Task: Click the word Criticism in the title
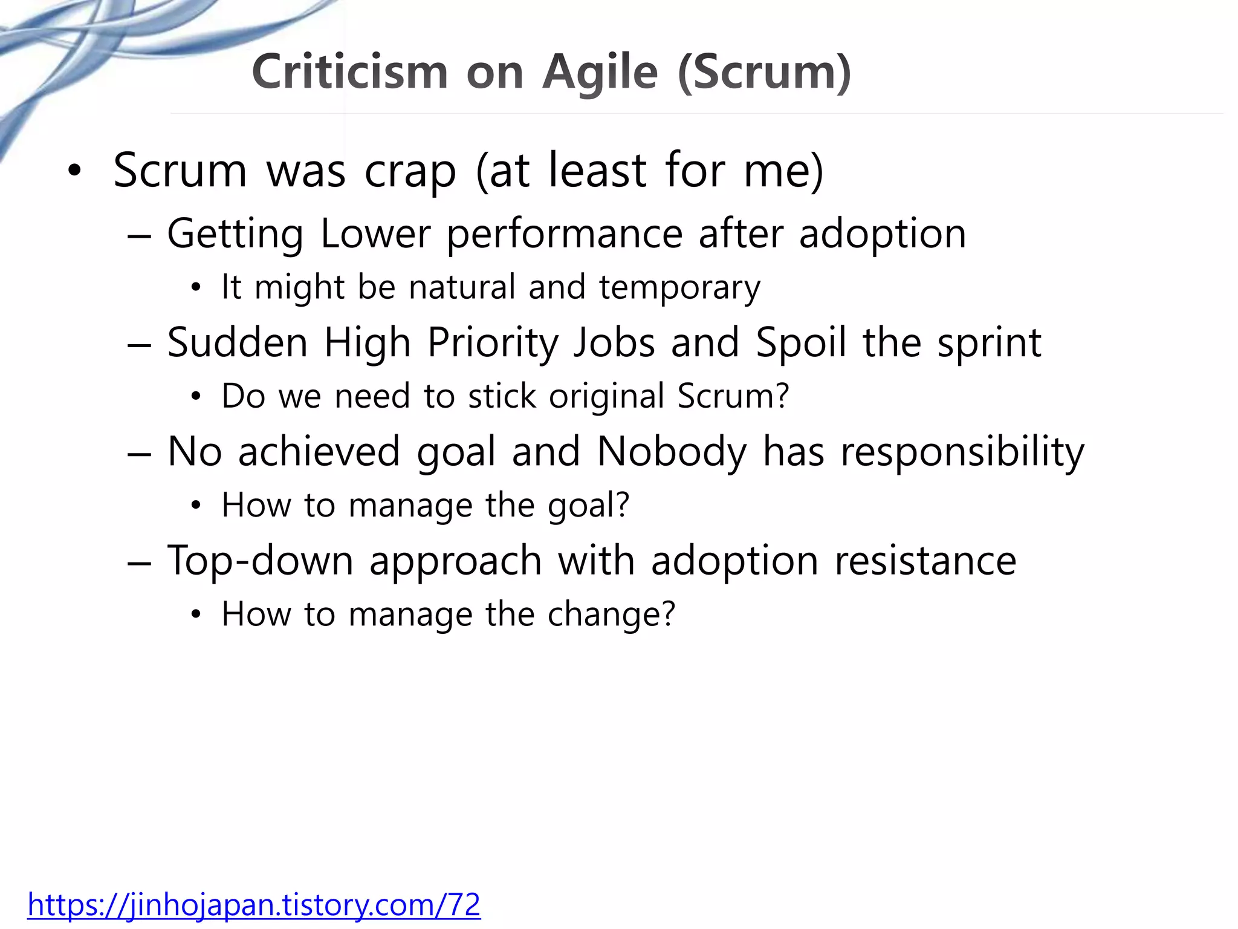coord(349,72)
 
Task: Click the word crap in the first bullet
coord(410,172)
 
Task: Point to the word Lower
coord(375,233)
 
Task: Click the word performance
coord(565,235)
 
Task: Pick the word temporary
coord(679,287)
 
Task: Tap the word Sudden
coord(238,342)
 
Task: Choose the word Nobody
coord(672,452)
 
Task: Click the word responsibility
coord(962,452)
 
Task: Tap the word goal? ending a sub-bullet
coord(588,506)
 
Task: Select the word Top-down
coord(261,561)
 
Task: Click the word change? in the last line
coord(611,614)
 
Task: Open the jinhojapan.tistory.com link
coord(254,905)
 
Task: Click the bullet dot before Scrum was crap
coord(74,172)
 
